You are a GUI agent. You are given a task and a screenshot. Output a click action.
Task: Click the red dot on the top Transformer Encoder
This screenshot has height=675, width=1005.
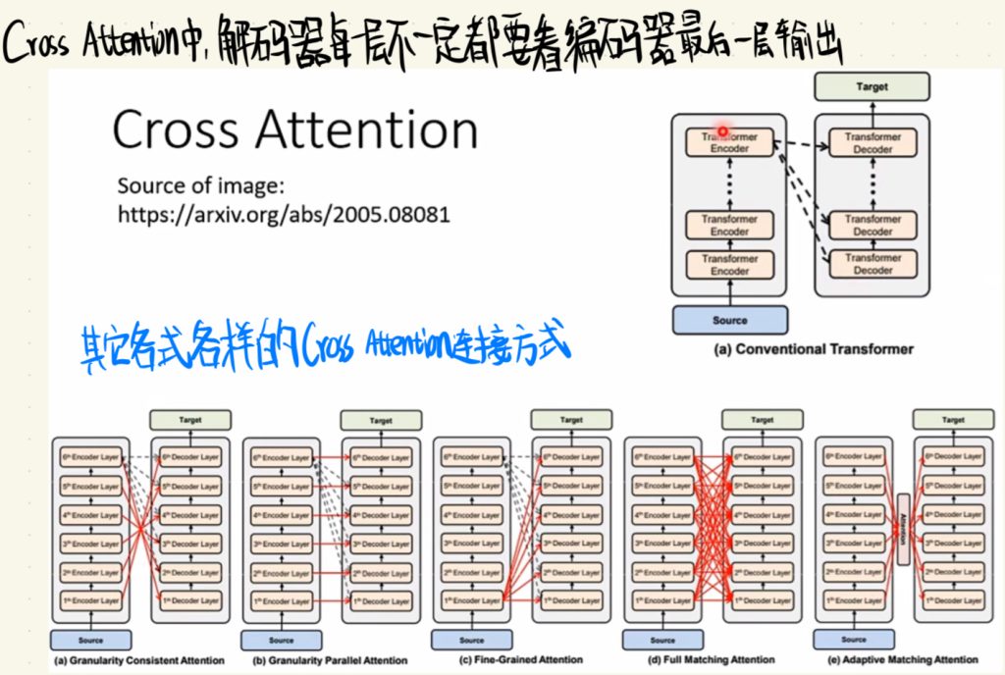point(722,130)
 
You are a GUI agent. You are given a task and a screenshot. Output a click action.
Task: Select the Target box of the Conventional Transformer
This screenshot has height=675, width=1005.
point(871,87)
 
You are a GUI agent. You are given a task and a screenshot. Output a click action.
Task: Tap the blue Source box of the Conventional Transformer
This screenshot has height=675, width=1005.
point(729,320)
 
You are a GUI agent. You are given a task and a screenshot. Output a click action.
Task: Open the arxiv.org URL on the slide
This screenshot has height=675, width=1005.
point(284,213)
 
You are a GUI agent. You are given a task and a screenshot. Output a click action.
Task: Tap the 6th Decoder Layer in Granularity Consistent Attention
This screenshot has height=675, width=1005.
point(189,457)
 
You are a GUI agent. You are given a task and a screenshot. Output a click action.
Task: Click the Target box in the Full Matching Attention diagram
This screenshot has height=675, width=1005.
point(763,420)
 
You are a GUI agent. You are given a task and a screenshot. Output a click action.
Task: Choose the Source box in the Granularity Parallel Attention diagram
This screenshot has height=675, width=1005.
point(282,641)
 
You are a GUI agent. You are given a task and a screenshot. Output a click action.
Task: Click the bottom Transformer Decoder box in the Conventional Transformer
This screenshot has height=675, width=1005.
point(873,264)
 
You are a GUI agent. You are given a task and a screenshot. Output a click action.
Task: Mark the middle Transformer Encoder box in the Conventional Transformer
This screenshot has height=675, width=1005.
point(729,225)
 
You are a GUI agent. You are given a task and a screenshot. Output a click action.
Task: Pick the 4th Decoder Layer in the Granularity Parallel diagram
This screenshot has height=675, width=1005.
point(381,514)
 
